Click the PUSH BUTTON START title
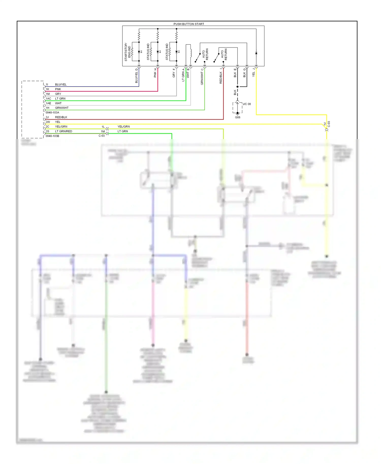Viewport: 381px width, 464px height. (x=189, y=24)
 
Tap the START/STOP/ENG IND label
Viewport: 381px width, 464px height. (x=128, y=52)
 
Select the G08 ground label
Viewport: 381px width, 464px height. (x=237, y=117)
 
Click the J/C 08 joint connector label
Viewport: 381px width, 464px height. (x=247, y=104)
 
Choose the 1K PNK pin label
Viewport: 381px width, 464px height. (x=54, y=89)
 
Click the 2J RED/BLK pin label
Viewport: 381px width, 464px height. (x=57, y=117)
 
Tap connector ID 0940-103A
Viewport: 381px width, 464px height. (x=52, y=112)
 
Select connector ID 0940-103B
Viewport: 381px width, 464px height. (x=52, y=136)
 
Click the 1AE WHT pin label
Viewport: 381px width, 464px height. (x=54, y=103)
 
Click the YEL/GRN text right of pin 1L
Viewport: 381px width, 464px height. (x=123, y=126)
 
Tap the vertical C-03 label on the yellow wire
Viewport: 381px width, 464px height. (x=329, y=124)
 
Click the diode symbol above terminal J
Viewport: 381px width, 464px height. (x=256, y=53)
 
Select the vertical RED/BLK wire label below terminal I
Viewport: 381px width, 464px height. (x=221, y=77)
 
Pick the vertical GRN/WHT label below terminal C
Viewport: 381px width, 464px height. (x=202, y=78)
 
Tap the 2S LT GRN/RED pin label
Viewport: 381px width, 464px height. (x=59, y=131)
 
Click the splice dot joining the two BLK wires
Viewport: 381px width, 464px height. (x=237, y=87)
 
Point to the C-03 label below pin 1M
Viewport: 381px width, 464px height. (x=102, y=136)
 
